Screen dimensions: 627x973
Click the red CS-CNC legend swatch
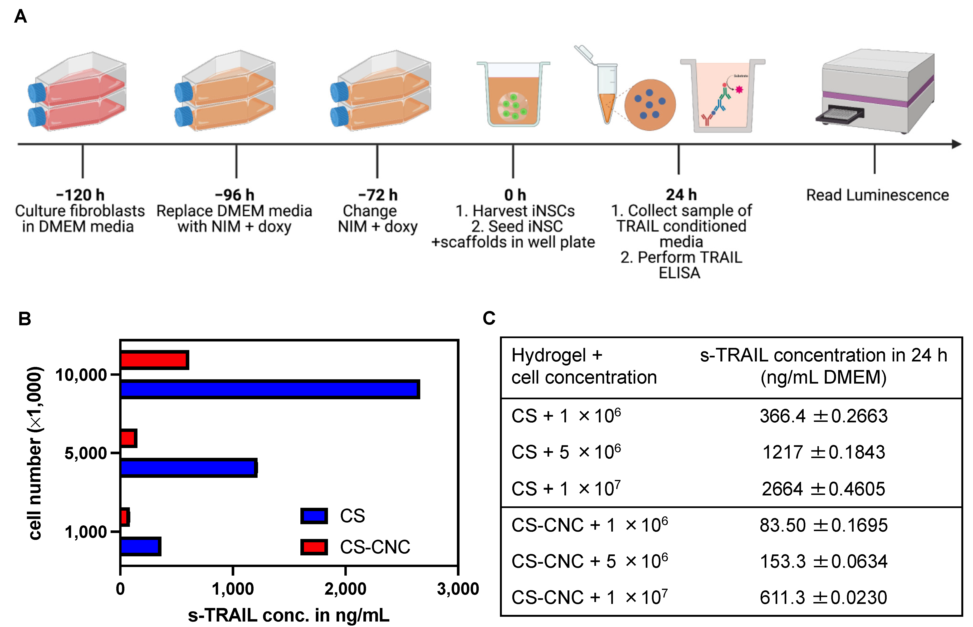(314, 547)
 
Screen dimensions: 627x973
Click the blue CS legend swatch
(314, 516)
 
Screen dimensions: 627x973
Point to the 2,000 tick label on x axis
(345, 589)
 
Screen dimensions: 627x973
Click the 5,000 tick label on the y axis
(86, 453)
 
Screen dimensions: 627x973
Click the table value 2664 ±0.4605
(823, 489)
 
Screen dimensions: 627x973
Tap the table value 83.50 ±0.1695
(823, 525)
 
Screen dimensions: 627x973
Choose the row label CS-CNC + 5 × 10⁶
(589, 561)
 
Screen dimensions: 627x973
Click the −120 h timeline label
(80, 195)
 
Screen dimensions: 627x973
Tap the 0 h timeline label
(515, 195)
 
